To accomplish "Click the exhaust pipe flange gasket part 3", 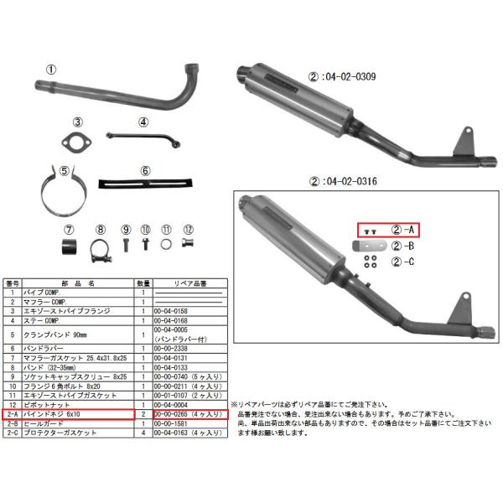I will (77, 140).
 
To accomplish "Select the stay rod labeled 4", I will (142, 137).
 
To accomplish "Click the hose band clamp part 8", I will (101, 248).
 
